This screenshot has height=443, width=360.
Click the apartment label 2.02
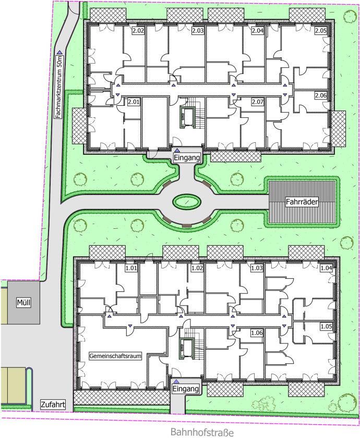click(x=138, y=31)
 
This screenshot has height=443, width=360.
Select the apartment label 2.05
click(x=321, y=31)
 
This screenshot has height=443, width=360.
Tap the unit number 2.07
click(x=257, y=102)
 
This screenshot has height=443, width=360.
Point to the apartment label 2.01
click(x=134, y=102)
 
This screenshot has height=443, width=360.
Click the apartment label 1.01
click(x=131, y=268)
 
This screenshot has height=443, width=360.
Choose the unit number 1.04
click(x=326, y=268)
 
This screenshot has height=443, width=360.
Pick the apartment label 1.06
click(x=257, y=333)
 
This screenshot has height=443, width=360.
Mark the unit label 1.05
click(x=326, y=327)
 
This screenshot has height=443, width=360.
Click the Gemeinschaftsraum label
click(x=115, y=356)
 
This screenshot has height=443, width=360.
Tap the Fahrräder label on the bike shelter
click(x=302, y=202)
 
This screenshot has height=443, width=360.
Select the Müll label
click(x=23, y=303)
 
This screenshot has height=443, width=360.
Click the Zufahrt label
click(x=53, y=404)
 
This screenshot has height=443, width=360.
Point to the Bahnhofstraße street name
click(x=202, y=432)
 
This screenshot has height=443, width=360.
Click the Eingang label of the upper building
click(x=187, y=157)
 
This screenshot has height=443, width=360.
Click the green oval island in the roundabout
click(x=187, y=202)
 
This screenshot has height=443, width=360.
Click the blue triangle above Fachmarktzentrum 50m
click(x=59, y=52)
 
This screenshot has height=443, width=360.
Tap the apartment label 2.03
click(x=198, y=31)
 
